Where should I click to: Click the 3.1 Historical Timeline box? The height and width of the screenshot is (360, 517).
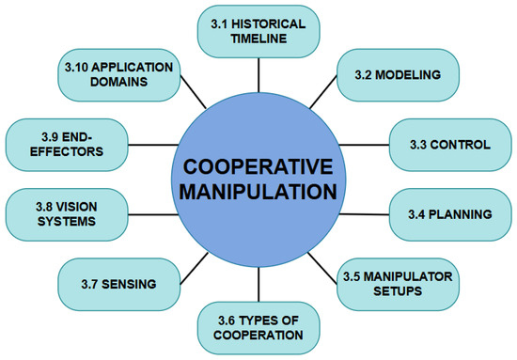pos(258,31)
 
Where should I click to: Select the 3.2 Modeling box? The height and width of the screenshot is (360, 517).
pos(398,75)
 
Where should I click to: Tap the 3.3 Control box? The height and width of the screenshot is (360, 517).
pos(450,145)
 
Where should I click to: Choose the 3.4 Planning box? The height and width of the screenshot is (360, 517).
pos(450,214)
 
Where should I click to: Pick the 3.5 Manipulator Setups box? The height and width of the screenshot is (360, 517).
pos(398,284)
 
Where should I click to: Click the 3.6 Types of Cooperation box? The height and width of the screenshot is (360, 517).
pos(258,328)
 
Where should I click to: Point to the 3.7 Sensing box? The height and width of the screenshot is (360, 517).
pos(119,284)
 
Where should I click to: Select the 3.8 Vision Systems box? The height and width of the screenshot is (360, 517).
pos(67,214)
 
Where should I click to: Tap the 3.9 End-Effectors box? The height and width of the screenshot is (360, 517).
pos(67,145)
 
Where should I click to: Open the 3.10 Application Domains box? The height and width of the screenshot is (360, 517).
pos(119,75)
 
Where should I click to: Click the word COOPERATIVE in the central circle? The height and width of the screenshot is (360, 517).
pos(258,166)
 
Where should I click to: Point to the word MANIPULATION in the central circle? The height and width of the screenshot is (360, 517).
pos(258,192)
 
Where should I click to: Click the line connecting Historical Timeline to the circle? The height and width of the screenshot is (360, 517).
pos(258,75)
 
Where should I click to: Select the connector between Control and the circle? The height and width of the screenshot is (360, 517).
pos(364,145)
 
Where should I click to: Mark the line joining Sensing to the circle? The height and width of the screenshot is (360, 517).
pos(195,269)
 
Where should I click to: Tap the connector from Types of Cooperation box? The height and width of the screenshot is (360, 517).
pos(258,285)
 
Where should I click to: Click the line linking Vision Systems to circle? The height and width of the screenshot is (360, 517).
pos(153,214)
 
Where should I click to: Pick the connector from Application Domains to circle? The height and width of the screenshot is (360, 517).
pos(194,92)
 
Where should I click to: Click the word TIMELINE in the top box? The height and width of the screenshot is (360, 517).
pos(258,39)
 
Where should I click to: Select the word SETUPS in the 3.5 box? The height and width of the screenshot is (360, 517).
pos(398,291)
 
